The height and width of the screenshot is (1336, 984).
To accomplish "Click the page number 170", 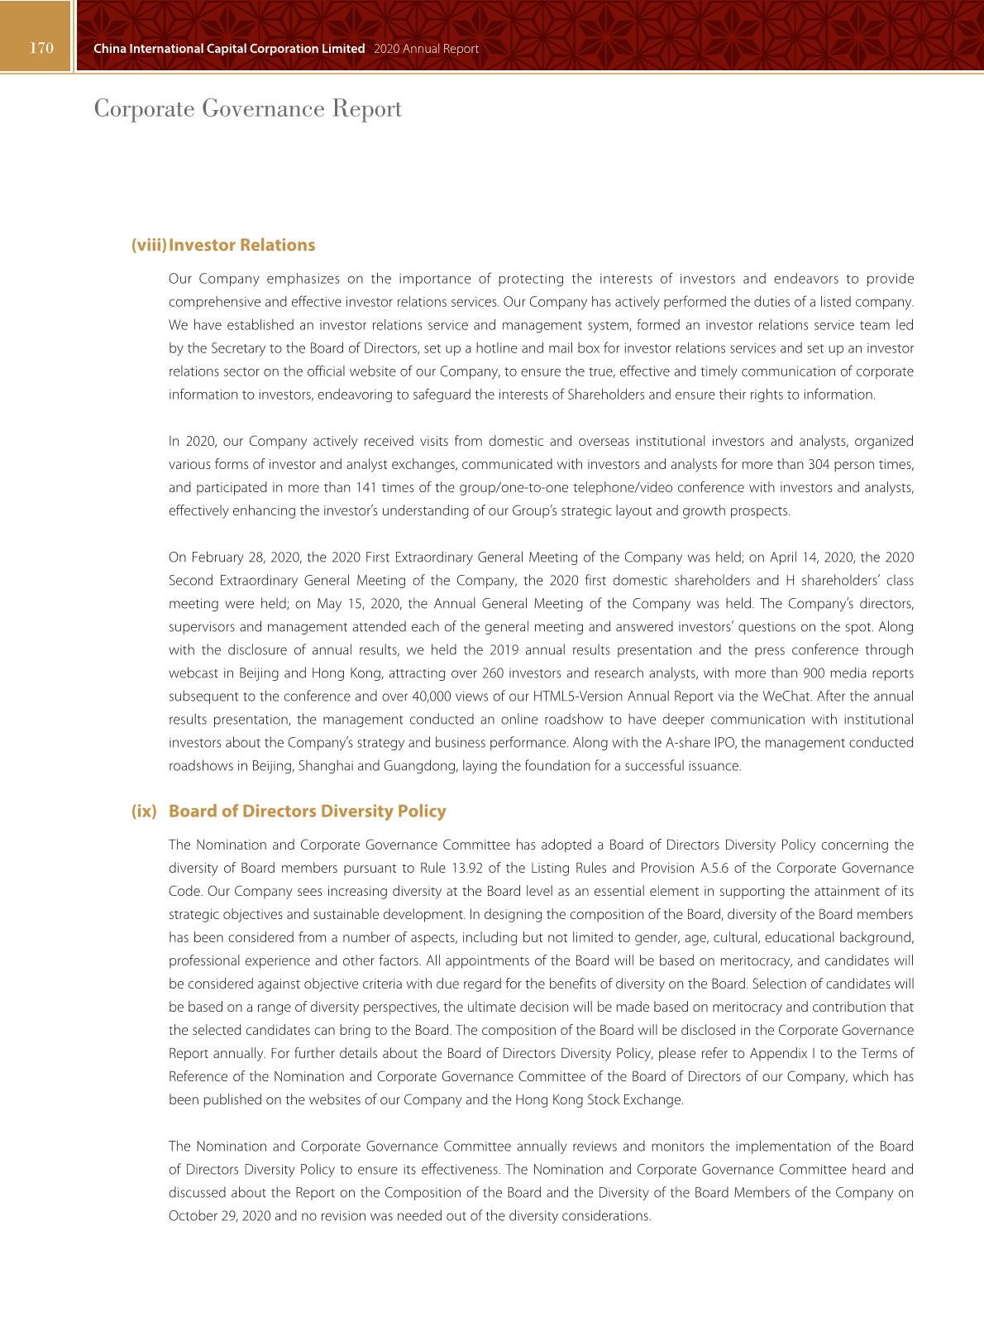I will (41, 48).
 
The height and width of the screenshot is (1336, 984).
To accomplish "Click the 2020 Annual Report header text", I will (426, 49).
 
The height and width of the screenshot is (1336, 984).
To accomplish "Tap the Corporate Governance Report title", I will (247, 108).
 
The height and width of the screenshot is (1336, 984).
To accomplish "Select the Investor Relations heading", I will (241, 245).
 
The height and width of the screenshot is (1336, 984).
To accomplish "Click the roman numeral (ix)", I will (144, 811).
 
